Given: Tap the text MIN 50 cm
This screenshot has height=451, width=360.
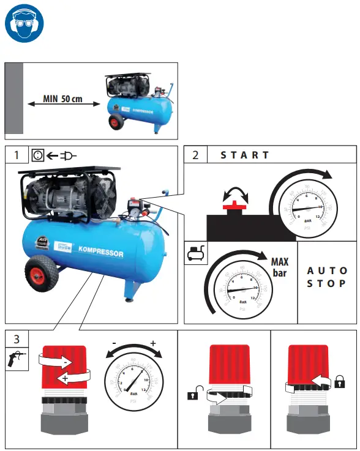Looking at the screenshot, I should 62,99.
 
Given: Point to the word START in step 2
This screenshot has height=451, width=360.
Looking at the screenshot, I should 245,155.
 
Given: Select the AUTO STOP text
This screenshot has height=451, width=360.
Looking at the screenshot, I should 327,277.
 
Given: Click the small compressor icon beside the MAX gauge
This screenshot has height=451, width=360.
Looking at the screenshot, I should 195,252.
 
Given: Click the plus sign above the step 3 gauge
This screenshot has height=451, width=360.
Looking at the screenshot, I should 153,343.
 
